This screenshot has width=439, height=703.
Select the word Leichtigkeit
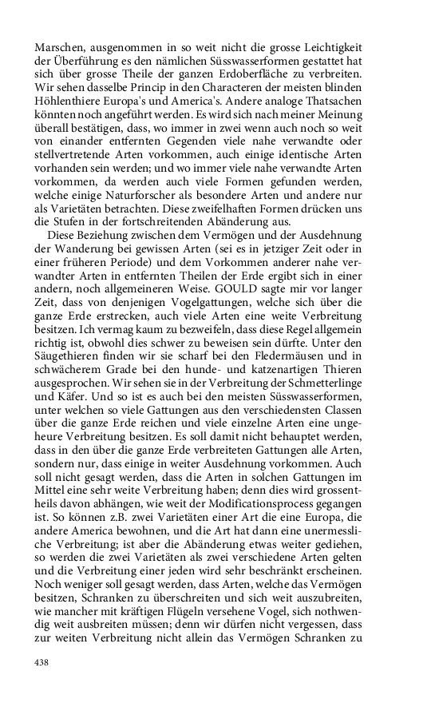330,47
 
